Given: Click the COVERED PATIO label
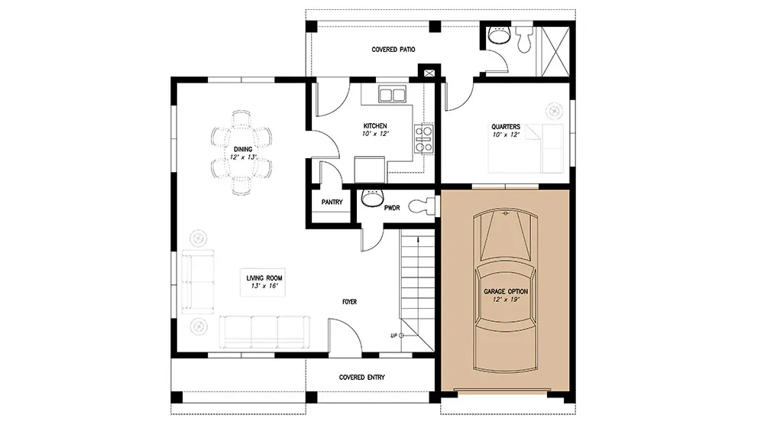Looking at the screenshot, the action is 393,50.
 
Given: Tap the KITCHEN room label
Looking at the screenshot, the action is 375,126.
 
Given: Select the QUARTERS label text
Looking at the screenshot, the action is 506,127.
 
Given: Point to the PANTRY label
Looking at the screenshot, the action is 332,202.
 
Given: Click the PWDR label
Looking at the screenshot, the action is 392,208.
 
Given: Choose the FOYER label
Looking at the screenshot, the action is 349,302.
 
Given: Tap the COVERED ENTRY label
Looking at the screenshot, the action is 362,378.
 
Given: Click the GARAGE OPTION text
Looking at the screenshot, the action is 506,291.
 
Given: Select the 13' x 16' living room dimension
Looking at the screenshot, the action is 264,286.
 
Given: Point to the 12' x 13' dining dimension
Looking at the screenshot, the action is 243,157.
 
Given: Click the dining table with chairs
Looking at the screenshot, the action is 241,153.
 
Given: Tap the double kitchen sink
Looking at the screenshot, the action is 392,95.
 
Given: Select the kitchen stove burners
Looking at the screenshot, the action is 423,139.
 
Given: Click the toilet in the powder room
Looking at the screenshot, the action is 422,206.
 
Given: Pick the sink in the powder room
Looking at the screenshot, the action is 373,197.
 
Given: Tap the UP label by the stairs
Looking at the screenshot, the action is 393,336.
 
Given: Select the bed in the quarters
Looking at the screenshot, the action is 526,148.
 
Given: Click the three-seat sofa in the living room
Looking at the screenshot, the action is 264,333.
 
